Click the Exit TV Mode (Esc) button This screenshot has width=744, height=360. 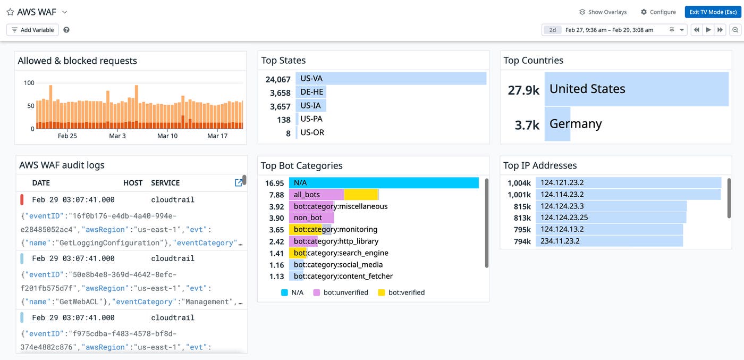tap(713, 12)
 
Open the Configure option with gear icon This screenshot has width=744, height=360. tap(658, 12)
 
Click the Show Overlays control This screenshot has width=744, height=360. tap(603, 12)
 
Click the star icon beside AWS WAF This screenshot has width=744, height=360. tap(10, 12)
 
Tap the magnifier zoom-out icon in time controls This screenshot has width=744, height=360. tap(735, 30)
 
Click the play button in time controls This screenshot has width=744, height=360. tap(708, 30)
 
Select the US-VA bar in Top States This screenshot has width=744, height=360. tap(391, 79)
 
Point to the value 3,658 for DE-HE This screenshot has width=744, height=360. tap(280, 93)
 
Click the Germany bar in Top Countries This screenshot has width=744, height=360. tap(557, 124)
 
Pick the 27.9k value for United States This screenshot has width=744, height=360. tap(523, 90)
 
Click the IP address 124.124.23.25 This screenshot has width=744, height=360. tap(564, 217)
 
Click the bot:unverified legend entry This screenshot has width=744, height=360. tap(341, 292)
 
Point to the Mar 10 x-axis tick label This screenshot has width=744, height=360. tap(167, 136)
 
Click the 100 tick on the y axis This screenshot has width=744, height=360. tap(29, 83)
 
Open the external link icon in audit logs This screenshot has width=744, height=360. tap(239, 182)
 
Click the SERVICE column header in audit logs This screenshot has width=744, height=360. tap(165, 183)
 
